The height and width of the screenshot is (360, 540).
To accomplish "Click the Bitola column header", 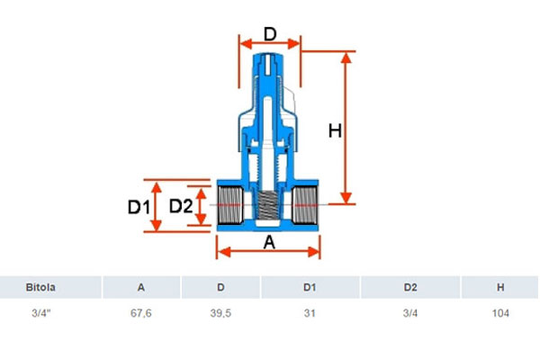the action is click(40, 287).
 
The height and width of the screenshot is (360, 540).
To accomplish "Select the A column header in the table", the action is click(141, 287).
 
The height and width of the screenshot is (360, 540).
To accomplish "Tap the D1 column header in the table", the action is click(310, 287).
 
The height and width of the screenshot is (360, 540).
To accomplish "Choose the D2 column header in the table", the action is click(410, 287).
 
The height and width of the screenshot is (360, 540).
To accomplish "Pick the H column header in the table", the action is click(500, 287).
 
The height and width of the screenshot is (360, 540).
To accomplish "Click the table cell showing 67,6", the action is click(141, 313).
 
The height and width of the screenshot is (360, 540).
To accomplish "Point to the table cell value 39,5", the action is click(220, 313).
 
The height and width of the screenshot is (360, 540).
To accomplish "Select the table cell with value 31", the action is click(310, 313).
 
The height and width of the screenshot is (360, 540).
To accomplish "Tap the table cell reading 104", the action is click(500, 313).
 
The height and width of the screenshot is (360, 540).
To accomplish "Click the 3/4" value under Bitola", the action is click(41, 313).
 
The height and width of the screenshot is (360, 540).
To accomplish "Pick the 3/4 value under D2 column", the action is click(410, 313).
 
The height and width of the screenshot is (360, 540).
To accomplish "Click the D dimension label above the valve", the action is click(270, 34).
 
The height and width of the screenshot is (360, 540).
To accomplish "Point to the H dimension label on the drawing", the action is click(335, 131).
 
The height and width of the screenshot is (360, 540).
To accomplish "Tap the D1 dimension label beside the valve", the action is click(139, 207).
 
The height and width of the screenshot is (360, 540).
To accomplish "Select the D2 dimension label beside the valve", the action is click(181, 206).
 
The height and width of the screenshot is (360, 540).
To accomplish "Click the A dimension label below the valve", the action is click(269, 242).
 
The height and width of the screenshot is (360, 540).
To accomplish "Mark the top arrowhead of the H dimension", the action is click(346, 58).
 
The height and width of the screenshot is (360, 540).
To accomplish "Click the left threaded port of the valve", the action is click(230, 205).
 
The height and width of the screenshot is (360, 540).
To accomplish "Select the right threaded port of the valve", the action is click(305, 205).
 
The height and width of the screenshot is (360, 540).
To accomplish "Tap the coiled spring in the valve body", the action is click(268, 206).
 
